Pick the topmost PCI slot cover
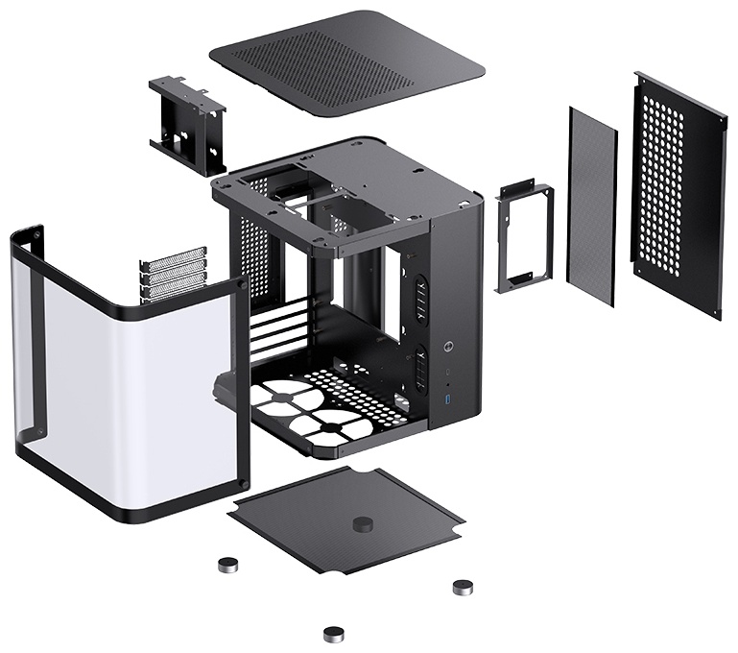(174, 258)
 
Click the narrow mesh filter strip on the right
(592, 206)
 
